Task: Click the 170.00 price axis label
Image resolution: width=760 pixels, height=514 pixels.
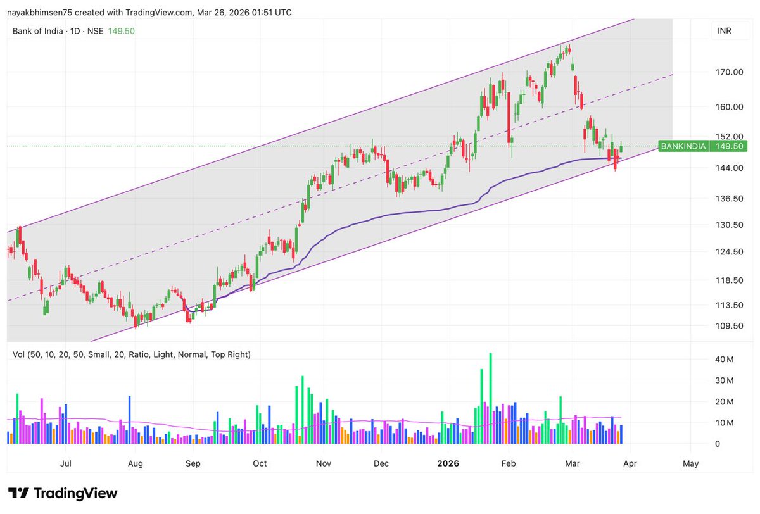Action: click(x=729, y=72)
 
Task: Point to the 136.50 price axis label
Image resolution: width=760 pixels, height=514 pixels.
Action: click(x=729, y=198)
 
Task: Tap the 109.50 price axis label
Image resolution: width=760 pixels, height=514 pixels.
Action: click(x=729, y=326)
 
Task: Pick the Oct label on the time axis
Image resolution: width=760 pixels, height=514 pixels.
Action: click(x=260, y=463)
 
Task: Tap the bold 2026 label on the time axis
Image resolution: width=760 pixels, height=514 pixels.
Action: click(x=448, y=463)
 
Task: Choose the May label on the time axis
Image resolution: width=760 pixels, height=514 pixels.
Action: click(x=691, y=463)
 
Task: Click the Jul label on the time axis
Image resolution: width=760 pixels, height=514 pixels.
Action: click(x=65, y=463)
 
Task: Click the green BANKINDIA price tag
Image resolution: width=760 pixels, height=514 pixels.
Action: click(x=683, y=146)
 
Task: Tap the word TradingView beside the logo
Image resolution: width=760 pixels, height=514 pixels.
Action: click(x=75, y=493)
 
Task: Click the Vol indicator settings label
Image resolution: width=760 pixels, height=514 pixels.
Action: click(x=132, y=354)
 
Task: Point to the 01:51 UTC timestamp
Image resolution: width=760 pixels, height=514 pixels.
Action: click(x=269, y=12)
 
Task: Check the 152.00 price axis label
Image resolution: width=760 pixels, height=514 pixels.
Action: click(x=729, y=136)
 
